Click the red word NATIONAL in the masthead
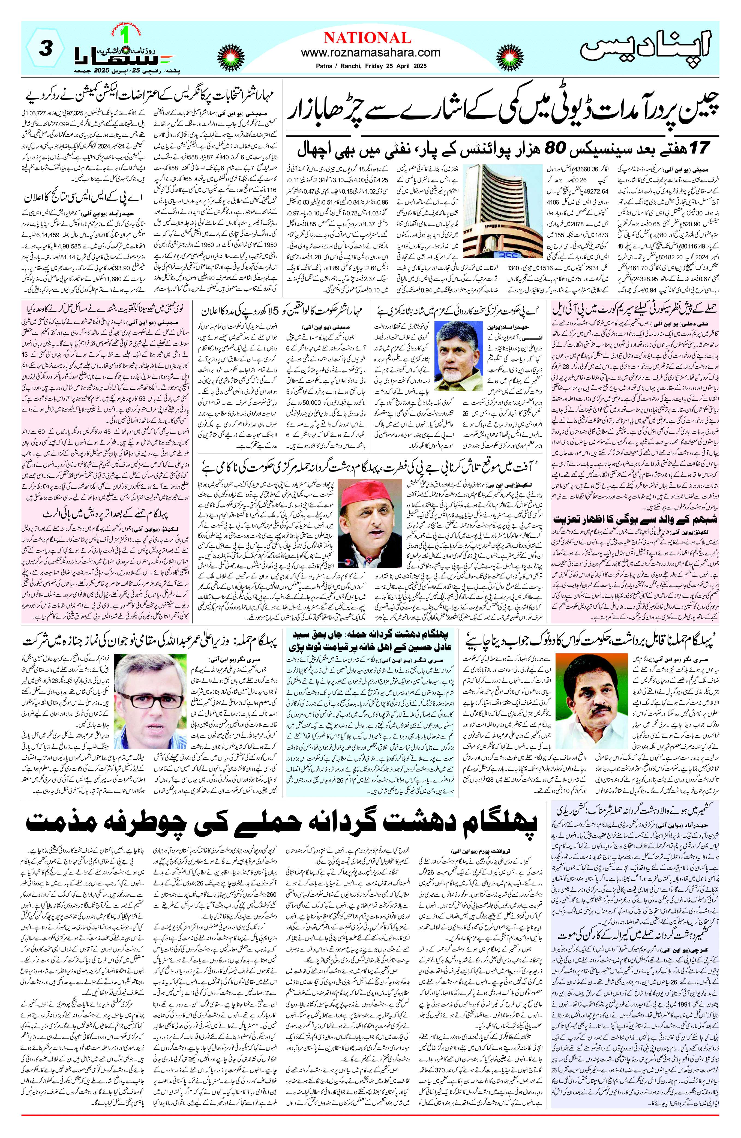(367, 37)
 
